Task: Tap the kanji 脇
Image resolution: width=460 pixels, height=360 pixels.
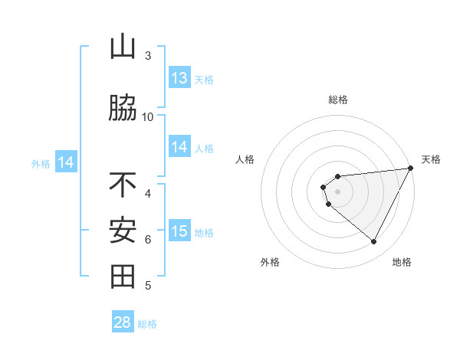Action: click(x=123, y=108)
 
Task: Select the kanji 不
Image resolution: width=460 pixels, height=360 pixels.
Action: click(x=123, y=185)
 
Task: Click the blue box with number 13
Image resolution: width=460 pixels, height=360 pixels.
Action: click(x=179, y=78)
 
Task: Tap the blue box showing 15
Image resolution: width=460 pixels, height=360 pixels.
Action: click(x=179, y=232)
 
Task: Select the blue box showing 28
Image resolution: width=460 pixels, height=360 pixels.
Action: click(x=123, y=322)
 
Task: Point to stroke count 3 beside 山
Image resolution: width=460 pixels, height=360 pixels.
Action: click(x=148, y=56)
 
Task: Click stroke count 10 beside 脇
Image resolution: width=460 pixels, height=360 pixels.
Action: click(x=148, y=116)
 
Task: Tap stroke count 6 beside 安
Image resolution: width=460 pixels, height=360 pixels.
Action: click(x=148, y=240)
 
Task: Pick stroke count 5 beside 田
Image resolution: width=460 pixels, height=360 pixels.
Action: click(x=148, y=286)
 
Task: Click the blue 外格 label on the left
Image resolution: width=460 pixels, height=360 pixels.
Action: click(x=40, y=163)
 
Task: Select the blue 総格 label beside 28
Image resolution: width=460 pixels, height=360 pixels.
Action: click(x=147, y=323)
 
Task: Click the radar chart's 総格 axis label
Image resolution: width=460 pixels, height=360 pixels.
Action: click(x=337, y=100)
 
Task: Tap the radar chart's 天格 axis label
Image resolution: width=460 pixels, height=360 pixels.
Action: click(x=431, y=159)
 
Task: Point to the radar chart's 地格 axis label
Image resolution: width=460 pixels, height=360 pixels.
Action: click(x=402, y=262)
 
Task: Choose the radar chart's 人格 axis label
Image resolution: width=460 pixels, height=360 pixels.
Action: click(x=245, y=159)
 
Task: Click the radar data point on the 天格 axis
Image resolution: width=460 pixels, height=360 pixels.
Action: click(x=411, y=168)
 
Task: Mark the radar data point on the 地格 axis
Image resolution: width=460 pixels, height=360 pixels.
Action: click(x=374, y=242)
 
